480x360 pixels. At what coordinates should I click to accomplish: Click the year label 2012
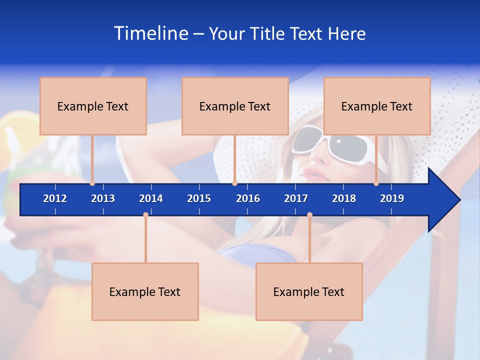point(55,198)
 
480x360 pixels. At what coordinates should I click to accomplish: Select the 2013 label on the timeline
point(103,198)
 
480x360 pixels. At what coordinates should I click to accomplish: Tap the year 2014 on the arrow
point(151,198)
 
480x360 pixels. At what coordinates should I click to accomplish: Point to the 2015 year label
point(199,198)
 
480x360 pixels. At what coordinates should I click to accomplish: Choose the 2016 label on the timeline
point(248,198)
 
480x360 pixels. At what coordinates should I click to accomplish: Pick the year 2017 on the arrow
point(296,198)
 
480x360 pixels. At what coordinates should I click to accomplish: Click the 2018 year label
point(344,198)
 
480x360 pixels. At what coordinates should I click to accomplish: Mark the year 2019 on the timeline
point(392,198)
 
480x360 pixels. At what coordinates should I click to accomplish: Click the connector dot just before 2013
point(92,183)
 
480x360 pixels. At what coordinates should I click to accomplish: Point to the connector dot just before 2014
point(145,215)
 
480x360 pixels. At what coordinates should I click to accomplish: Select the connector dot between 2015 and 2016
point(234,183)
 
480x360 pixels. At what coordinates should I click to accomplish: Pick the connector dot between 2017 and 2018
point(309,215)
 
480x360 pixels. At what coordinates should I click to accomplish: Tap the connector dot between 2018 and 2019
point(376,183)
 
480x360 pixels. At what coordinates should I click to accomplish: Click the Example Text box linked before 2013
point(93,106)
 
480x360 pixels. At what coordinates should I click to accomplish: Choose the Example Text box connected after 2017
point(309,291)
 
